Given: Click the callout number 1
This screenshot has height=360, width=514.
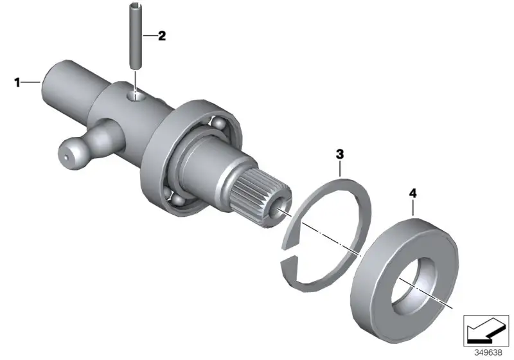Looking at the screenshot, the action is tap(17, 82).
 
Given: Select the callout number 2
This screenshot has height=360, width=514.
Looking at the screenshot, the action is tap(162, 35).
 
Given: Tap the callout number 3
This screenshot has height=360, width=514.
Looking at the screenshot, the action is tap(340, 154).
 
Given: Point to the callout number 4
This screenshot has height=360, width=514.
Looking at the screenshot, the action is tap(413, 194).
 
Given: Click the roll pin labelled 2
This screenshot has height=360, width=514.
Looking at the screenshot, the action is tap(135, 35).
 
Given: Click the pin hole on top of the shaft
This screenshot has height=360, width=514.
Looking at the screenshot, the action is tap(136, 96).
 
